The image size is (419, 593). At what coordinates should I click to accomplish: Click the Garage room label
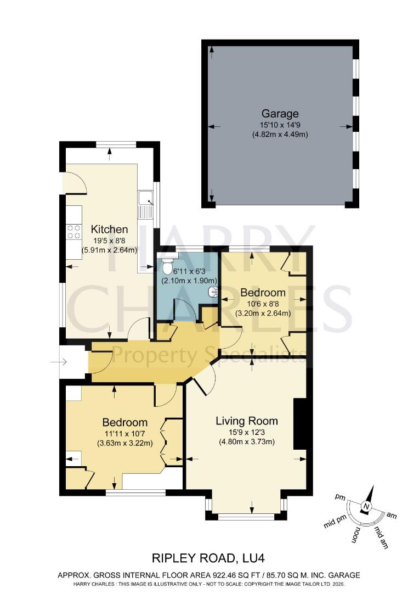(x=280, y=114)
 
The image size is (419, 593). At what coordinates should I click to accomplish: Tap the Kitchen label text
(x=109, y=229)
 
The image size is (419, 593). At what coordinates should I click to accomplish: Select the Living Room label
(x=246, y=421)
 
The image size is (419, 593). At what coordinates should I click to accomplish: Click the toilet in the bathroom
(x=167, y=267)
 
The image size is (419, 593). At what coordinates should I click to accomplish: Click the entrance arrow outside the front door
(x=58, y=361)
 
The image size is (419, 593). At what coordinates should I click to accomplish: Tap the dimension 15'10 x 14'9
(x=280, y=125)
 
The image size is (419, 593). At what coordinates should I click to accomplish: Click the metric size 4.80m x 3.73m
(x=246, y=441)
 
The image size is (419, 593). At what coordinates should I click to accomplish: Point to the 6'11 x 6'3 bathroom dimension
(x=188, y=270)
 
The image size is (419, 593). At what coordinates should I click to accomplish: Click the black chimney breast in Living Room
(x=299, y=424)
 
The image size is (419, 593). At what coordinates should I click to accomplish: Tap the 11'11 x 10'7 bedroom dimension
(x=124, y=433)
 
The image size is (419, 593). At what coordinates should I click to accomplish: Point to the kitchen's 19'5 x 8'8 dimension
(x=109, y=240)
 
